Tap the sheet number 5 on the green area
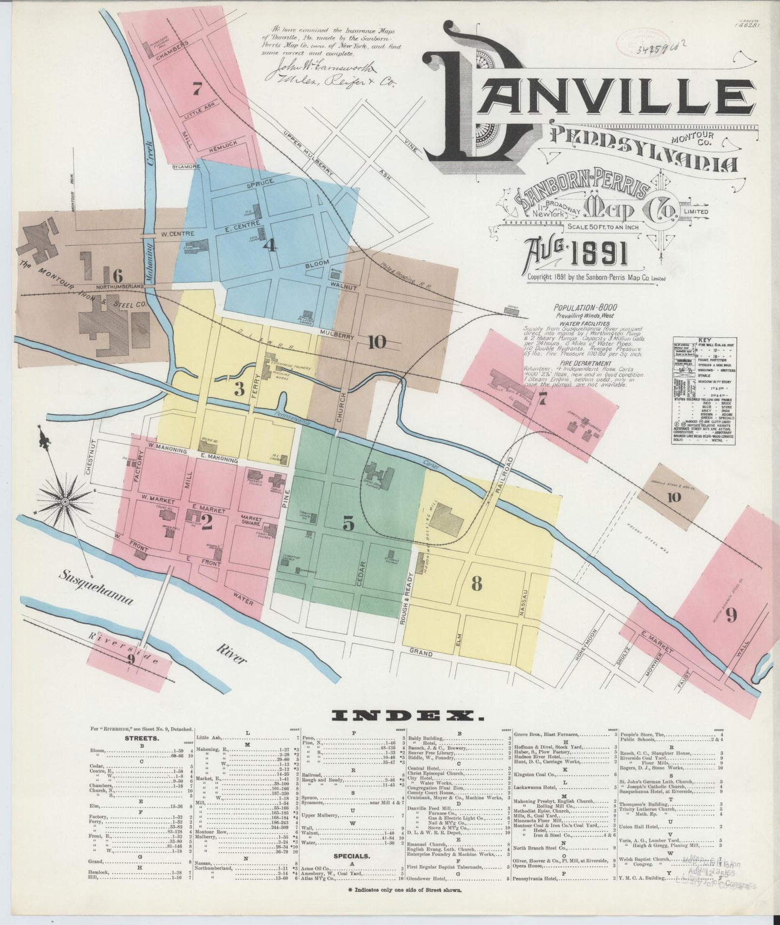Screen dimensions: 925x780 [348, 523]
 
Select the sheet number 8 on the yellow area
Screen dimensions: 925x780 [476, 583]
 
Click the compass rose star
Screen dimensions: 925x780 [65, 501]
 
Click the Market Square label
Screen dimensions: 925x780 [251, 520]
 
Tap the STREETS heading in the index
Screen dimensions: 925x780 [141, 738]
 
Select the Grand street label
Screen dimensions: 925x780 [421, 654]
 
